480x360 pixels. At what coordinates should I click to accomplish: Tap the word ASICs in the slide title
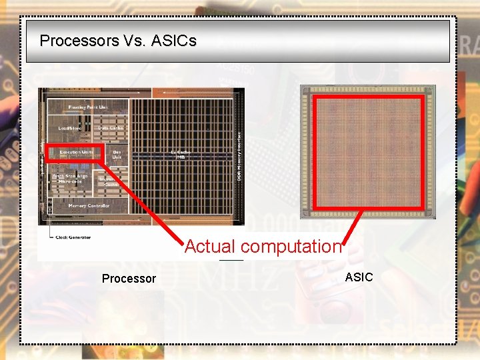pos(174,41)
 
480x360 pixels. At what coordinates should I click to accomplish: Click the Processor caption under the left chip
pos(129,279)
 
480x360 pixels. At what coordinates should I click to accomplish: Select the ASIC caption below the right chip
pos(359,277)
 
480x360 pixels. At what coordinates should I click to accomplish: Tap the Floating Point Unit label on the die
pos(88,107)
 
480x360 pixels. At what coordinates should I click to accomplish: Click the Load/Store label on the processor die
pos(70,127)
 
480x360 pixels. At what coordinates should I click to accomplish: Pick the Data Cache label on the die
pos(111,127)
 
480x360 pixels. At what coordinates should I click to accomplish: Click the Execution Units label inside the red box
pos(76,153)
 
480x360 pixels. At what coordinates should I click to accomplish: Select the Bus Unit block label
pos(117,155)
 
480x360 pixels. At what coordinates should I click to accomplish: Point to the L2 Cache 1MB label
pos(181,154)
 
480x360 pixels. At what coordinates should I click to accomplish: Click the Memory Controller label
pos(89,206)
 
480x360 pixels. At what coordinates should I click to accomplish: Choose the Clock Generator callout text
pos(73,237)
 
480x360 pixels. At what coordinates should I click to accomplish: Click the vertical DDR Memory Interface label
pos(239,153)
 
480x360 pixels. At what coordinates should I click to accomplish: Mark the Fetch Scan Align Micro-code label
pos(73,179)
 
